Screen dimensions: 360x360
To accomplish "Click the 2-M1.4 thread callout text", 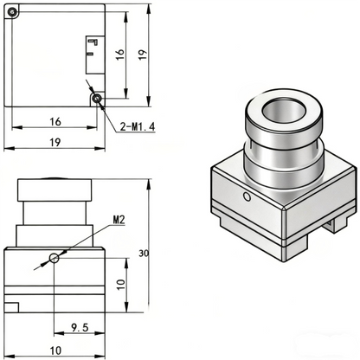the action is [x=138, y=126].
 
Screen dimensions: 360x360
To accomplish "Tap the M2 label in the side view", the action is [x=119, y=220].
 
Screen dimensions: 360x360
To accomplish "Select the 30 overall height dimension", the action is [x=144, y=254].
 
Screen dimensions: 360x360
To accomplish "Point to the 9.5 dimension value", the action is [x=80, y=327].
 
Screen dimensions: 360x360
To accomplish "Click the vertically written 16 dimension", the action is [x=120, y=55].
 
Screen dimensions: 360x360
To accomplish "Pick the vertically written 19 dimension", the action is [x=143, y=55].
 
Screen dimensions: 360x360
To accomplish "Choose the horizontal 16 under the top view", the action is [x=55, y=122].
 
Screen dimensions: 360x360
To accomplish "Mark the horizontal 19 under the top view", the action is [x=55, y=142].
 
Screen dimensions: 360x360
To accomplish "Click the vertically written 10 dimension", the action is [x=121, y=285].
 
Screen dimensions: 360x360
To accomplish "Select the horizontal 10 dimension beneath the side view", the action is [x=55, y=350].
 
